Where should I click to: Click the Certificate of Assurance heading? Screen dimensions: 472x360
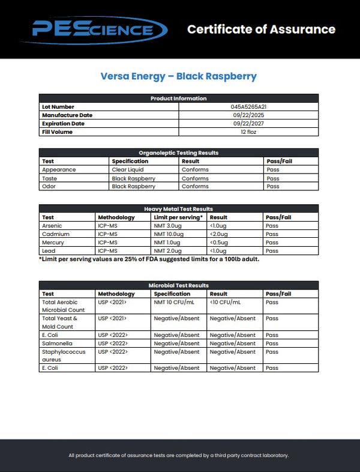click(x=261, y=29)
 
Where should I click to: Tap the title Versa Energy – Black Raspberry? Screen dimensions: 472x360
click(x=179, y=76)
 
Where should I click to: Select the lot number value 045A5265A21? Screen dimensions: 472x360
click(x=248, y=106)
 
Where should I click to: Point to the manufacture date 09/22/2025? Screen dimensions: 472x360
click(x=248, y=115)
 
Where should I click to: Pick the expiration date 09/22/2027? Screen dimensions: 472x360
click(x=248, y=123)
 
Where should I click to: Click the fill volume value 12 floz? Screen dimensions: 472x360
click(x=248, y=132)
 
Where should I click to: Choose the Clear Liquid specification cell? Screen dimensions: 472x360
click(x=127, y=169)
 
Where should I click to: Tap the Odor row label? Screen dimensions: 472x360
click(x=49, y=186)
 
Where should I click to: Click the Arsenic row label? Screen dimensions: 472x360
click(x=52, y=225)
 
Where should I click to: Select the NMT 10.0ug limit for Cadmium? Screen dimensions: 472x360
click(x=169, y=234)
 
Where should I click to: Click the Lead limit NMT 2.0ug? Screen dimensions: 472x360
click(x=168, y=250)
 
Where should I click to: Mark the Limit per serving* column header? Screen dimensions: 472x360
click(x=178, y=217)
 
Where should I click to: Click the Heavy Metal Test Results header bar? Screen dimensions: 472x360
click(x=179, y=208)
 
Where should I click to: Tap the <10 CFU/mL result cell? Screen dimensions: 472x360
click(x=225, y=302)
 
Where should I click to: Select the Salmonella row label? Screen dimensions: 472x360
click(x=56, y=343)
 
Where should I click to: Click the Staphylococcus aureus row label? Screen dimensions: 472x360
click(x=62, y=356)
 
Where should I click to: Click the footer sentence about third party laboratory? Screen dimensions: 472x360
click(x=179, y=455)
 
